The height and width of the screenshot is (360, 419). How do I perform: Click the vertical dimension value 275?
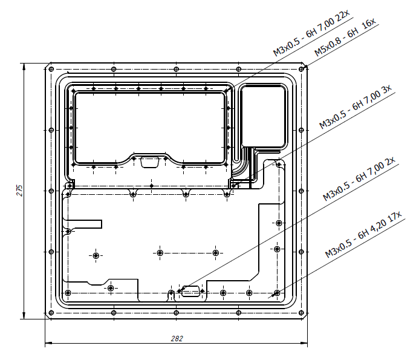click(19, 190)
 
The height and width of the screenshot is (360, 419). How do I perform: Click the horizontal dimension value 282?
click(177, 338)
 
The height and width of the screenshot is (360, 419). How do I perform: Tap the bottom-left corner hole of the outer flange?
click(50, 313)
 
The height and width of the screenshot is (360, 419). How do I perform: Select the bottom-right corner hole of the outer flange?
click(302, 313)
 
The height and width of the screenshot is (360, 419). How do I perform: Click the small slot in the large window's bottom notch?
click(149, 161)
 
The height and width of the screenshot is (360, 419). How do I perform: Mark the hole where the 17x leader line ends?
click(276, 293)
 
